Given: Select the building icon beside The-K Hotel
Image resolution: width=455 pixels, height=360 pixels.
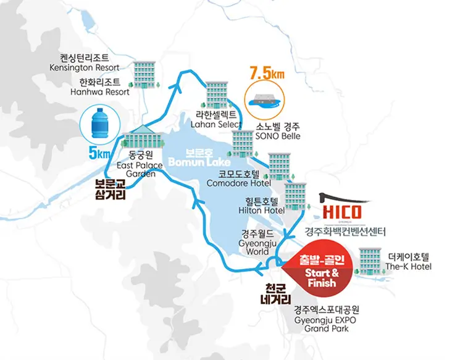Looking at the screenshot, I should (x=369, y=259).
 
